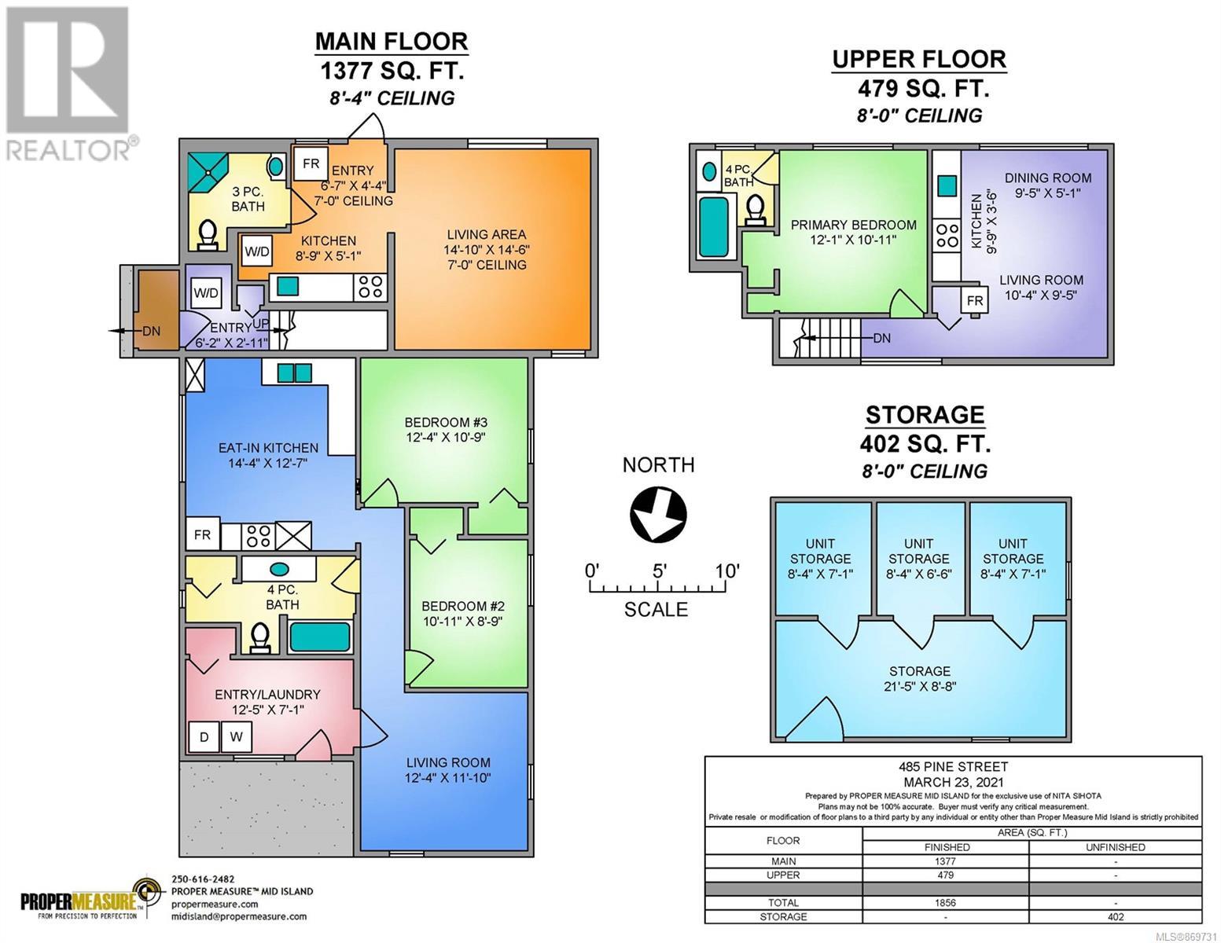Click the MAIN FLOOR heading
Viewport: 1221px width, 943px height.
391,42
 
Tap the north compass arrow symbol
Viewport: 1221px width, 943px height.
658,514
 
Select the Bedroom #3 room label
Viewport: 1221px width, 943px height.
446,429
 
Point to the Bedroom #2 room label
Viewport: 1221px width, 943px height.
463,613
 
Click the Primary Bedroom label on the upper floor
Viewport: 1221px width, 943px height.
854,232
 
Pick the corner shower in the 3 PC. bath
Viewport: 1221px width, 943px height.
207,171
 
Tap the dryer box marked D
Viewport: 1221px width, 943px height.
204,736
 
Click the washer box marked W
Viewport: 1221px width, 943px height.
236,736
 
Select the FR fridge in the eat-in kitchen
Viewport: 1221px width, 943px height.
203,535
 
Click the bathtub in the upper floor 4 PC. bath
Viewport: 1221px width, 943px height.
714,227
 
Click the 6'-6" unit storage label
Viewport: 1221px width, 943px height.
919,559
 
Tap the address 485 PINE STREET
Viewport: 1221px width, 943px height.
953,767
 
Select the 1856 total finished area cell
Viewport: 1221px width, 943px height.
946,903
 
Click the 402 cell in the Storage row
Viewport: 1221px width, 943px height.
1116,917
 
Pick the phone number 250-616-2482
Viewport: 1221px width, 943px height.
203,879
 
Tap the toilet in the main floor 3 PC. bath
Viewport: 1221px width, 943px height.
208,235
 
